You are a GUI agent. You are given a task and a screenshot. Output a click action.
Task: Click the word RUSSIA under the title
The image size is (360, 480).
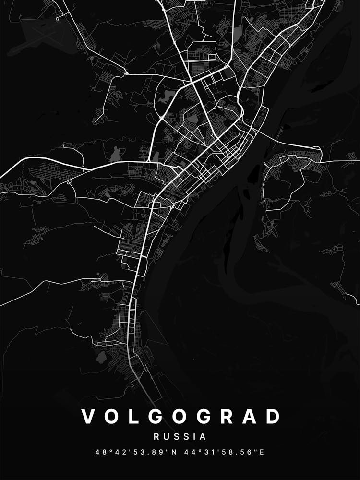point(180,437)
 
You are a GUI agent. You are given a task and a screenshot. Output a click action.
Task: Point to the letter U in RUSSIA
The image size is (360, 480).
point(166,437)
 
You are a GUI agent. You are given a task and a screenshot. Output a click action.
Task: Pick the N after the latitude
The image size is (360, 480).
point(165,452)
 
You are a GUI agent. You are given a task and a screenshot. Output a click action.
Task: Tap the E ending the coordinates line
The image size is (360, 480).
point(262,452)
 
